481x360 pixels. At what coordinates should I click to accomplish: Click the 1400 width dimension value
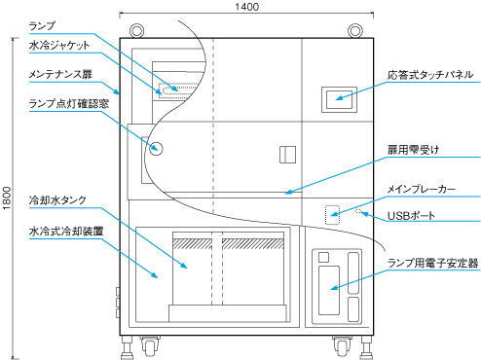click(246, 7)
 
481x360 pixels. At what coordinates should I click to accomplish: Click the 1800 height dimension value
click(7, 198)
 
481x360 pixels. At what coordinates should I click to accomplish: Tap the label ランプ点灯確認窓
click(69, 103)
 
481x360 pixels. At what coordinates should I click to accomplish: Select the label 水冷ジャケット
click(59, 45)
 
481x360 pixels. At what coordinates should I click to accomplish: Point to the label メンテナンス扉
click(60, 74)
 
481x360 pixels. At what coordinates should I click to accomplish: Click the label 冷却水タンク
click(57, 200)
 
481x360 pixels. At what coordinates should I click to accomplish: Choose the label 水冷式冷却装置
click(66, 232)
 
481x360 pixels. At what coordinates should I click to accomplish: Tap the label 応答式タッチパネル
click(430, 75)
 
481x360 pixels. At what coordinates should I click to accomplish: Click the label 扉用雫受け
click(413, 150)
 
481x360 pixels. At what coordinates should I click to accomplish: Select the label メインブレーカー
click(422, 189)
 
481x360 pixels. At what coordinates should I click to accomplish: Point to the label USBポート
click(411, 216)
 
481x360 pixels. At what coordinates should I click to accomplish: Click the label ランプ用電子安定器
click(432, 263)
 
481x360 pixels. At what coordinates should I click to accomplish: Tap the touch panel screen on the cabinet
click(339, 100)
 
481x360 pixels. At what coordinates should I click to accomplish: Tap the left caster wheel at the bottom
click(150, 346)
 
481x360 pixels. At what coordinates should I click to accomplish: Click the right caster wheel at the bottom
click(342, 346)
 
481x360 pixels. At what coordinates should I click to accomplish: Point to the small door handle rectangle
click(287, 155)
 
